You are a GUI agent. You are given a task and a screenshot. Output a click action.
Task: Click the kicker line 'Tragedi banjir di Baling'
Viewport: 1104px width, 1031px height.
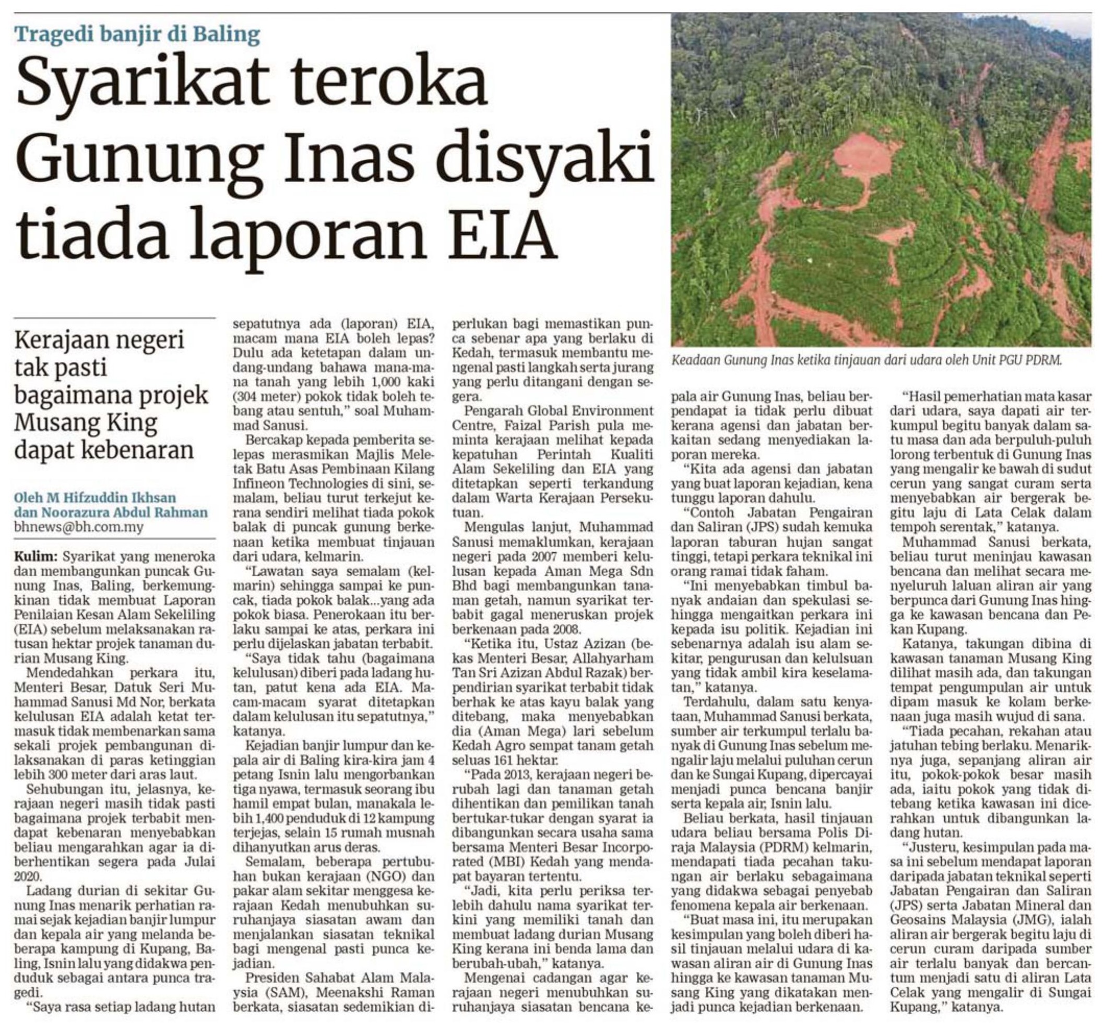pyautogui.click(x=138, y=35)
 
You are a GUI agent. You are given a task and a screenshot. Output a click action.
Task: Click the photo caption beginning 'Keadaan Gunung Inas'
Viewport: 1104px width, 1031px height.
pyautogui.click(x=866, y=360)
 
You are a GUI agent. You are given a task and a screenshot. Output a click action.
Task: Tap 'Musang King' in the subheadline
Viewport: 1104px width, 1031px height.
pyautogui.click(x=86, y=423)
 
